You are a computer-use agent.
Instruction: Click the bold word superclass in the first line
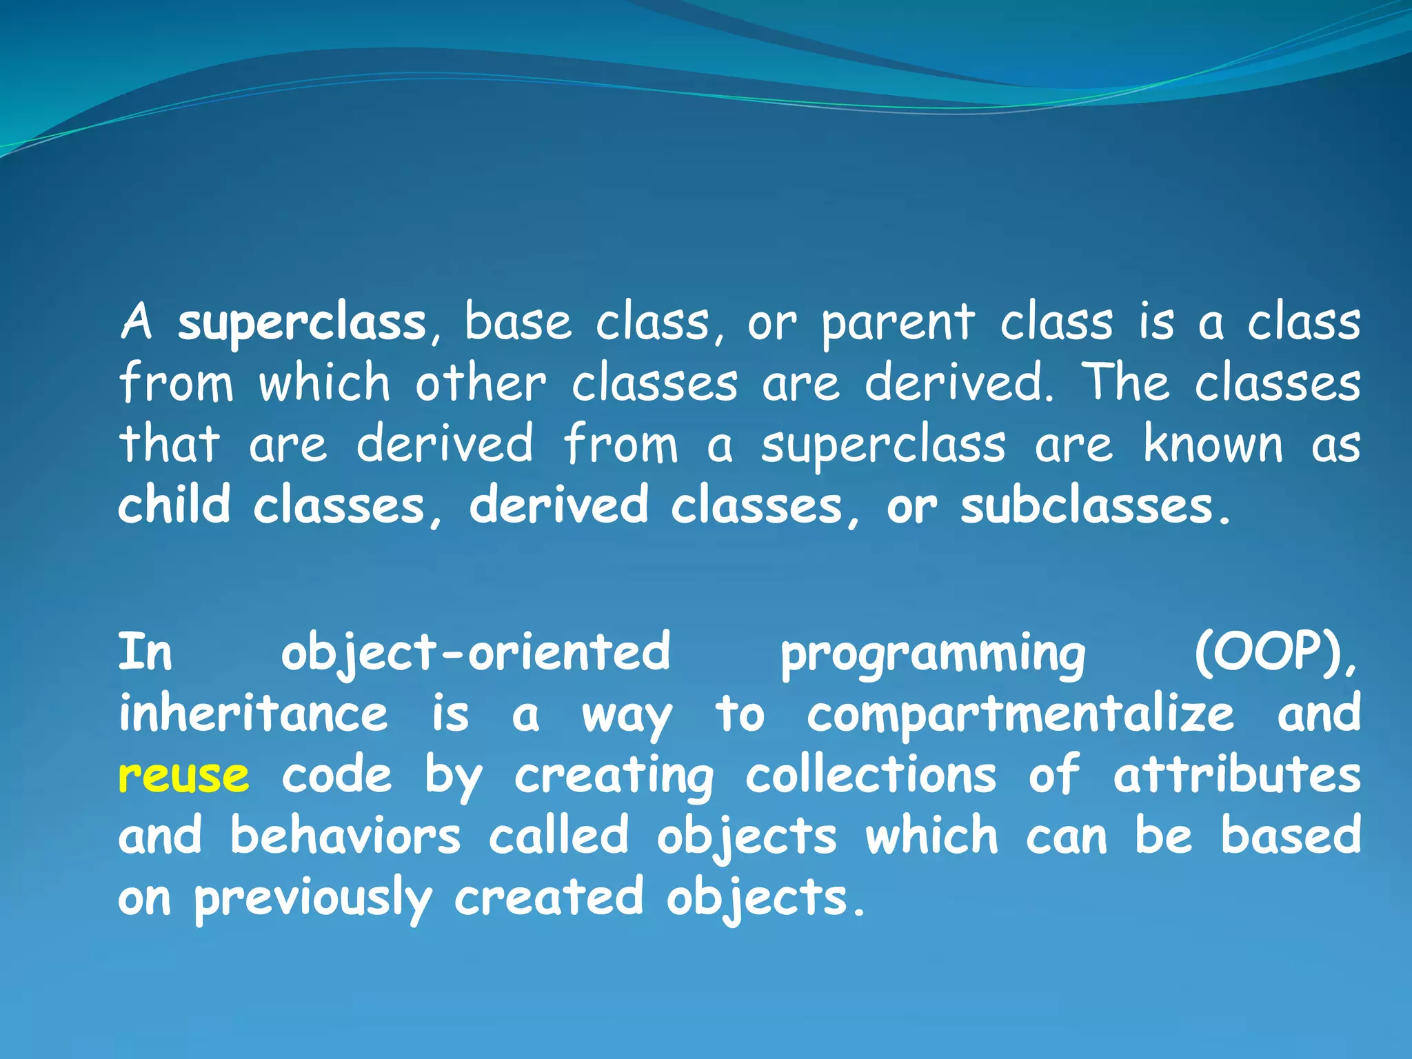(x=302, y=323)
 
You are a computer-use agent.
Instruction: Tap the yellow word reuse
(x=183, y=776)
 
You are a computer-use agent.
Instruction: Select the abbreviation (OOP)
(x=1275, y=652)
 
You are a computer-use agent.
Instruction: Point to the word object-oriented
(x=475, y=652)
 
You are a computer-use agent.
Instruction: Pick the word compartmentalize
(x=1020, y=714)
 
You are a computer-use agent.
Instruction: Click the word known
(x=1213, y=444)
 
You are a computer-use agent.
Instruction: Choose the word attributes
(x=1237, y=775)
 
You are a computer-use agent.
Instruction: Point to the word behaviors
(x=345, y=836)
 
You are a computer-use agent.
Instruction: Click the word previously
(x=312, y=898)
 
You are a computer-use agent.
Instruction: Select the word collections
(x=871, y=775)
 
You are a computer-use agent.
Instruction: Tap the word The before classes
(x=1125, y=383)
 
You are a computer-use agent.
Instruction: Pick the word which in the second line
(x=324, y=383)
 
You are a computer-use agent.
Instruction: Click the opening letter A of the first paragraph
(x=137, y=322)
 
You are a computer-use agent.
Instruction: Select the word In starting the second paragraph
(x=145, y=652)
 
